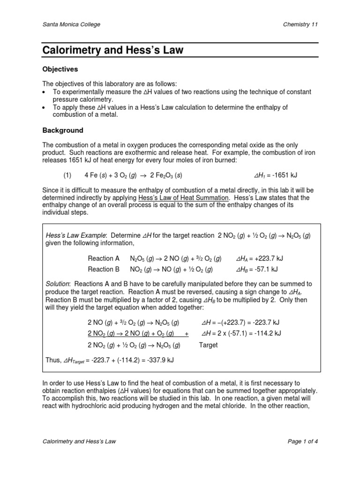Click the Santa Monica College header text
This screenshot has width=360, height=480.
click(x=71, y=24)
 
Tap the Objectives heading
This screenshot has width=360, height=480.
click(x=60, y=69)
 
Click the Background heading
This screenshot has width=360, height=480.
click(x=63, y=130)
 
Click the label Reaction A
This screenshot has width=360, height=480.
click(x=101, y=258)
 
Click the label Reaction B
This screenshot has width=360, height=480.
click(x=101, y=269)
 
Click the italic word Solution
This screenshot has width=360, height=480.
click(x=57, y=284)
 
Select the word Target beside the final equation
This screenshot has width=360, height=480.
click(x=209, y=345)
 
